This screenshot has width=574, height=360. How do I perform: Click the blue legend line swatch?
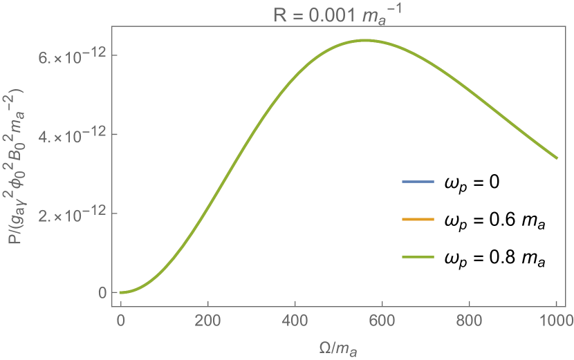pyautogui.click(x=418, y=182)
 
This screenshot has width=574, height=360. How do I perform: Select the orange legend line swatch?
pyautogui.click(x=418, y=220)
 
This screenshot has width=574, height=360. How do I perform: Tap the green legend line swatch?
pyautogui.click(x=418, y=257)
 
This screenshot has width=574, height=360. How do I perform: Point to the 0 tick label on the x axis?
pyautogui.click(x=120, y=320)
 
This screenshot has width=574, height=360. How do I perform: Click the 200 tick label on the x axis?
pyautogui.click(x=207, y=320)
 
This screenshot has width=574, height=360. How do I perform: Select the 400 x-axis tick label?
pyautogui.click(x=295, y=320)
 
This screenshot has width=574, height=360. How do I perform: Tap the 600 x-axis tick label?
pyautogui.click(x=382, y=320)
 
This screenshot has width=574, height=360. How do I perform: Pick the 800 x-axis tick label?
pyautogui.click(x=470, y=320)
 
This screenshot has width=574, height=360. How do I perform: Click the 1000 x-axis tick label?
pyautogui.click(x=557, y=320)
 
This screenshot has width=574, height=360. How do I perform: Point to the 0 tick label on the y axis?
pyautogui.click(x=102, y=293)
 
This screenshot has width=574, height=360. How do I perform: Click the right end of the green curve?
pyautogui.click(x=557, y=158)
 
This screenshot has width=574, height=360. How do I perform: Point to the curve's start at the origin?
pyautogui.click(x=120, y=293)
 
